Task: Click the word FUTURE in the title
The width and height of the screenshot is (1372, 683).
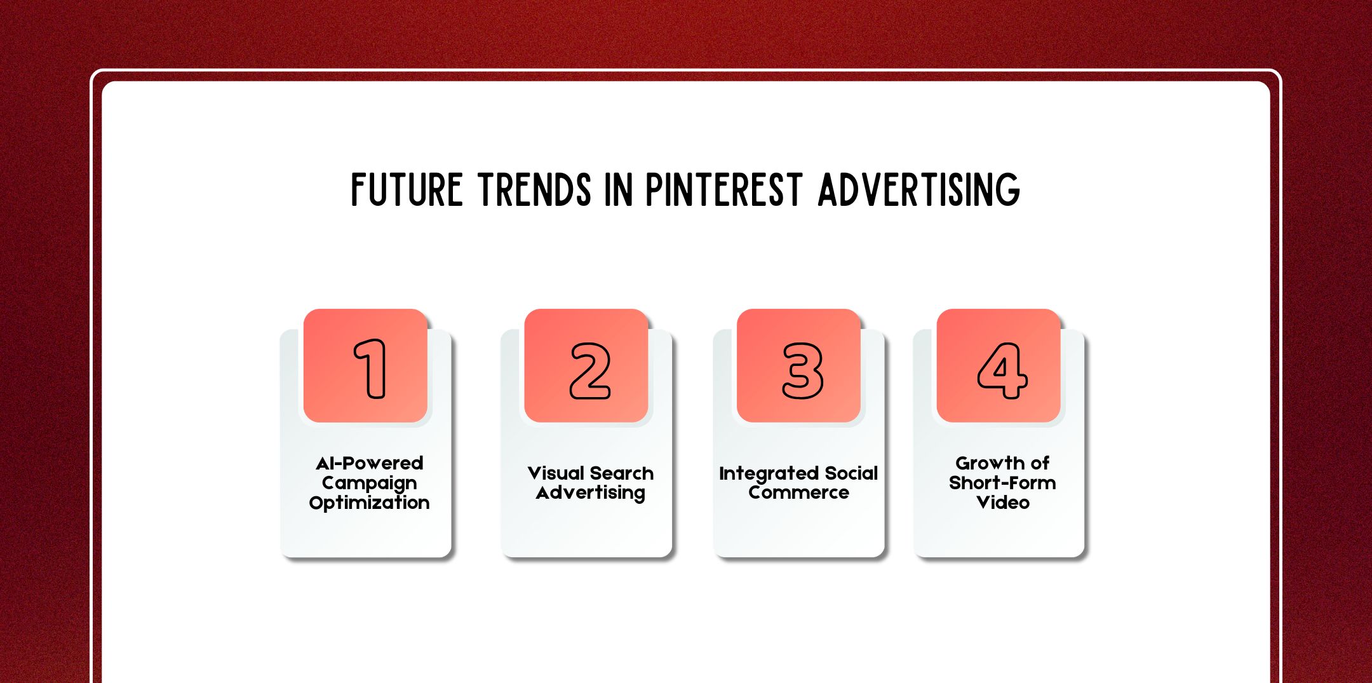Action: click(x=407, y=189)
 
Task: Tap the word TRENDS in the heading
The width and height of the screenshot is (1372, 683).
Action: click(x=535, y=189)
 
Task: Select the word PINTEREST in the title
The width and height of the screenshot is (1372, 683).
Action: click(x=724, y=189)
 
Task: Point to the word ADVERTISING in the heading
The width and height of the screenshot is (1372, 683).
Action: click(x=918, y=189)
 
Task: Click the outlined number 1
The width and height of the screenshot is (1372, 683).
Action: click(x=370, y=369)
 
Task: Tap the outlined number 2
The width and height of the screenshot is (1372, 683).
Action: click(x=590, y=370)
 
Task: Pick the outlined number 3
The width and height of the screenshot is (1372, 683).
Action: click(x=802, y=370)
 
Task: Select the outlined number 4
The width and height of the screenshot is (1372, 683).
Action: click(x=1002, y=370)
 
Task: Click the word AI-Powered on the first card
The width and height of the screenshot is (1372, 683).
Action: click(x=369, y=463)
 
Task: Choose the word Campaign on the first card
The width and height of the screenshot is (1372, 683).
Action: click(x=369, y=483)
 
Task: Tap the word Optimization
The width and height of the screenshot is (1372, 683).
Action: click(x=369, y=503)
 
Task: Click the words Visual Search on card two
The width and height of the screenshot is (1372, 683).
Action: click(x=590, y=473)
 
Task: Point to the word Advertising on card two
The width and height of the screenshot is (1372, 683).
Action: click(x=590, y=493)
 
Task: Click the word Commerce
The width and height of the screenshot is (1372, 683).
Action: click(x=798, y=493)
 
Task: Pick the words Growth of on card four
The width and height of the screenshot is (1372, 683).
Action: click(x=1002, y=463)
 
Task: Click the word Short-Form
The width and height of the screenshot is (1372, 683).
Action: click(x=1002, y=483)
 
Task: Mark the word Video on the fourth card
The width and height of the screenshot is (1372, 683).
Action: click(x=1002, y=503)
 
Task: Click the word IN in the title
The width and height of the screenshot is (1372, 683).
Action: click(x=618, y=189)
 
